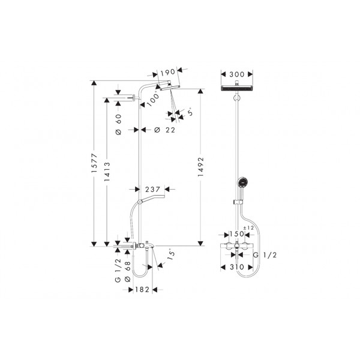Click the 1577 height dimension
(94, 163)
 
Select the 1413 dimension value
(107, 172)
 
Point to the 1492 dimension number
(200, 167)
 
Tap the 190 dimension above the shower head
(168, 73)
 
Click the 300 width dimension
(237, 74)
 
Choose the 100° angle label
(153, 98)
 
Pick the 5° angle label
(190, 113)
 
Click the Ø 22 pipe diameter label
(164, 130)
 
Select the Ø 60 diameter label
(118, 124)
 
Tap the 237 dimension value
(152, 190)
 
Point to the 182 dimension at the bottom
(142, 290)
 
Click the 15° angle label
(171, 254)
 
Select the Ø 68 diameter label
(127, 272)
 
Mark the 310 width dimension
(237, 267)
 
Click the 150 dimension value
(236, 234)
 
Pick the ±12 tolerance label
(248, 228)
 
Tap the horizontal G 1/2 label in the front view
(265, 255)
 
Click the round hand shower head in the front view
(242, 182)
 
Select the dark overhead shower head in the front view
(237, 88)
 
